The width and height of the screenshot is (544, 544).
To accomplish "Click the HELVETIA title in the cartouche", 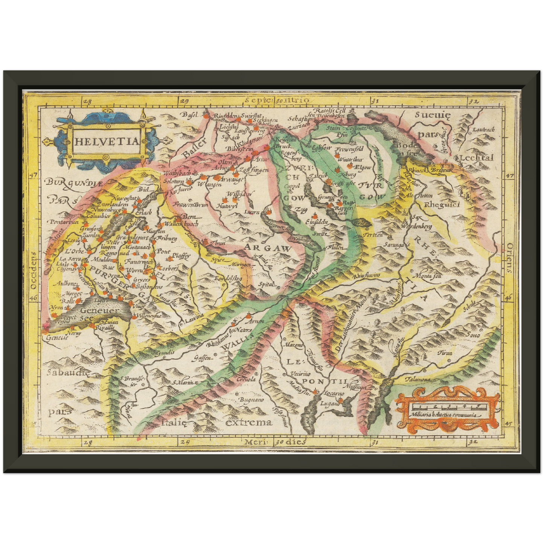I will (x=107, y=142).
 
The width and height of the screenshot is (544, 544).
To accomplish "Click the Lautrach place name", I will (x=483, y=130).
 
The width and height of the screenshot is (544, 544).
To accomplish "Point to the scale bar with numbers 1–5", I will (x=448, y=407).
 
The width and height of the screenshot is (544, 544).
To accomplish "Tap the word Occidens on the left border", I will (x=34, y=271).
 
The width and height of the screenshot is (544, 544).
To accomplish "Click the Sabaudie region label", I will (x=68, y=373).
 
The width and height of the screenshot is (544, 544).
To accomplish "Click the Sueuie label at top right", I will (x=433, y=115).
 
